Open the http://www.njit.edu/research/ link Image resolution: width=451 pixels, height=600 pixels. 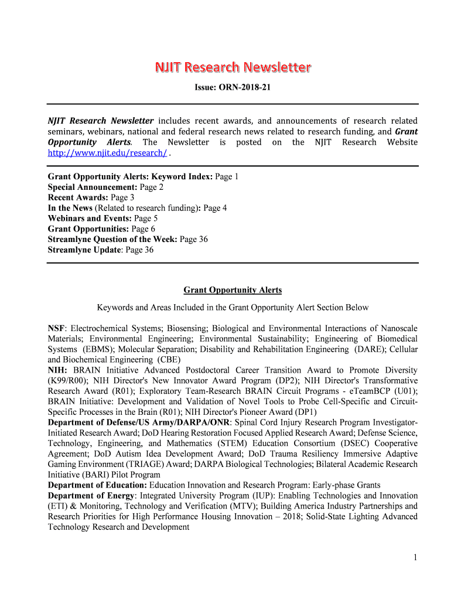107,153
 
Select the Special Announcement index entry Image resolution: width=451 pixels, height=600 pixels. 105,187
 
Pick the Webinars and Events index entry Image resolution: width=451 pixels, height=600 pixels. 102,219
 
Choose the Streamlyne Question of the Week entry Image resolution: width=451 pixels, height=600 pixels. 128,240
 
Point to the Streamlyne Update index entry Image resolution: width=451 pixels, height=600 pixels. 101,250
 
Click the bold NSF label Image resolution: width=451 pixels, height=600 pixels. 56,328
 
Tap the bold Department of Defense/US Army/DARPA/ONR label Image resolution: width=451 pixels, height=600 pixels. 139,422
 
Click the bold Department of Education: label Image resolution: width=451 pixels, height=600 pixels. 97,485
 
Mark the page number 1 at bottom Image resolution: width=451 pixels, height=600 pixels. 415,558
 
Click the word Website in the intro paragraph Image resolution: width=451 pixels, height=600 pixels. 402,142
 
